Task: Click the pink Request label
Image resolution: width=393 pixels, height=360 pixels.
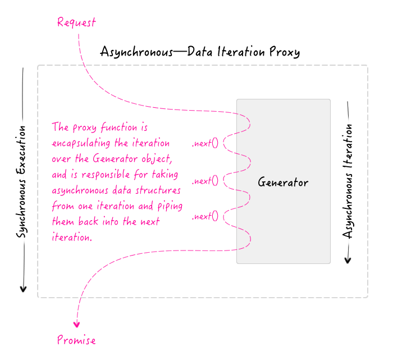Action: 76,22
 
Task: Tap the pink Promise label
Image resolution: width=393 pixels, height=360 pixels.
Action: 76,340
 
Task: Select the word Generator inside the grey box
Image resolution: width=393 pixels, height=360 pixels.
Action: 283,183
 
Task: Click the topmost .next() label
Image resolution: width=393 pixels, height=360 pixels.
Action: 205,142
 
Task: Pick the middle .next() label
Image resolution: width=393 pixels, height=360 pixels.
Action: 205,181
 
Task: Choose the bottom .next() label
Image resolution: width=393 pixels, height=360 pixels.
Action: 205,216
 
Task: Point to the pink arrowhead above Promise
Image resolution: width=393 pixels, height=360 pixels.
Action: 77,324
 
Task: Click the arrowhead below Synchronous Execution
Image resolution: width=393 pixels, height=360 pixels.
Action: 23,288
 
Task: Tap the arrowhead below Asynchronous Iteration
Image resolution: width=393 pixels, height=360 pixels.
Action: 348,259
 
